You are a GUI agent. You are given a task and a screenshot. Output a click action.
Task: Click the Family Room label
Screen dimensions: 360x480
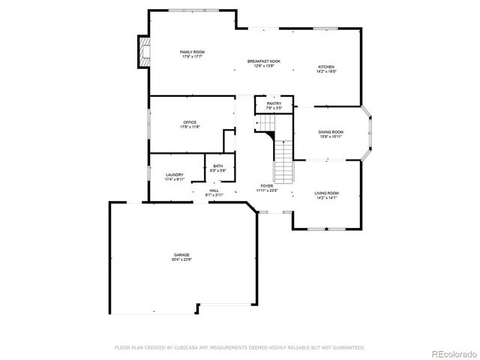192,52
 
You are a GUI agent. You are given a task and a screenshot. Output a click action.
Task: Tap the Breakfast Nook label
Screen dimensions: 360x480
264,61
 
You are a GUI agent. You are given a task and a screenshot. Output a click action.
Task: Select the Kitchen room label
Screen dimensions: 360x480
326,67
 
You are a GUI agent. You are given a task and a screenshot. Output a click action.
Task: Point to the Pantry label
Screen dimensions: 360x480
274,103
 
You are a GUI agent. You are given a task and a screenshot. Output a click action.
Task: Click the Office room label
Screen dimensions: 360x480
190,122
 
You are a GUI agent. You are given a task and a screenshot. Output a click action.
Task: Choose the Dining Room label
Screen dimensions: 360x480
331,131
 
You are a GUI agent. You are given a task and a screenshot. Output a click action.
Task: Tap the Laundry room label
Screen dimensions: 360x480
174,175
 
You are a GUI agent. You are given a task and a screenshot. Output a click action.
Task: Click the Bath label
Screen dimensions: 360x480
217,166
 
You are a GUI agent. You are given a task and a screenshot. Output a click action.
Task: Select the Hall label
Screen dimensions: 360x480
214,190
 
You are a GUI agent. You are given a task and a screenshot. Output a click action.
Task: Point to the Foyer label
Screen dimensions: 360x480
267,185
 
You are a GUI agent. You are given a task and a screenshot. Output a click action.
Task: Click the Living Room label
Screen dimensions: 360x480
326,193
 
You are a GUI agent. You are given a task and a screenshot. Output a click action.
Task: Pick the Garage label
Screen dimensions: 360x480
182,255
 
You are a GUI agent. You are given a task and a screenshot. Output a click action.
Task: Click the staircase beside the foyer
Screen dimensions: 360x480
283,161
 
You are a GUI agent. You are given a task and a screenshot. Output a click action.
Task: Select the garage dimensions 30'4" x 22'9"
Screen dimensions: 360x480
182,259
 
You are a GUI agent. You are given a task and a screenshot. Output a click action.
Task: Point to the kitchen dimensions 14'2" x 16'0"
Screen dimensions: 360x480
326,71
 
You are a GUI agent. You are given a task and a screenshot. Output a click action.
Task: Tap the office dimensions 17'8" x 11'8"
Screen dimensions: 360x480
190,127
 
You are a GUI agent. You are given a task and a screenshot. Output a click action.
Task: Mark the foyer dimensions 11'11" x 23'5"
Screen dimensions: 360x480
267,190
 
